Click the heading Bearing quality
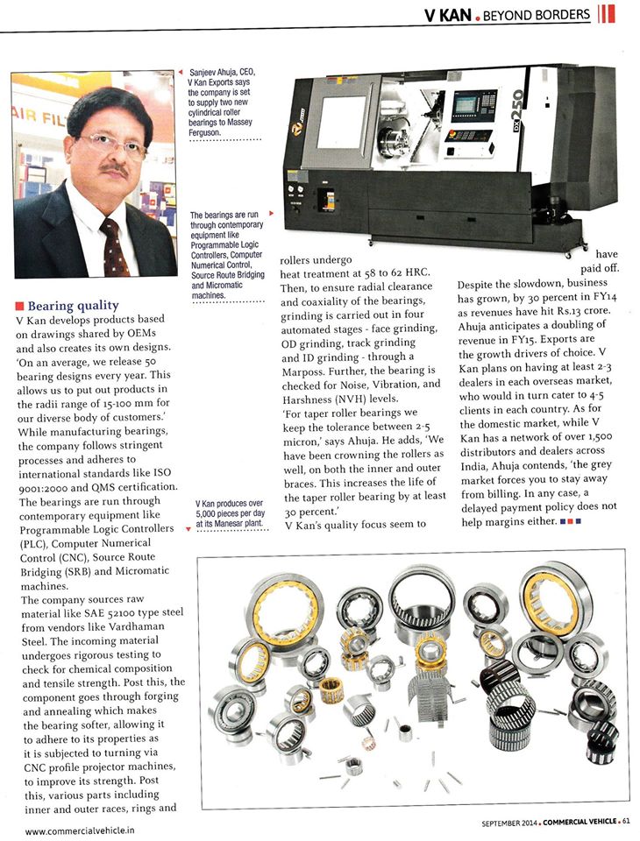coord(74,307)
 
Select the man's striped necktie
coord(111,246)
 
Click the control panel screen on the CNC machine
coord(473,105)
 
